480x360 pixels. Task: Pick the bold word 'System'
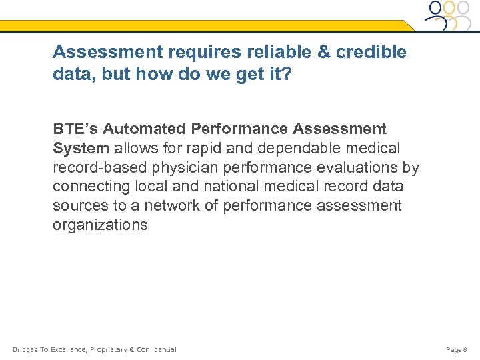click(81, 147)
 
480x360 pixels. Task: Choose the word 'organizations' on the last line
click(100, 225)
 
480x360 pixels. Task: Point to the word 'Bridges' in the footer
click(25, 349)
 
